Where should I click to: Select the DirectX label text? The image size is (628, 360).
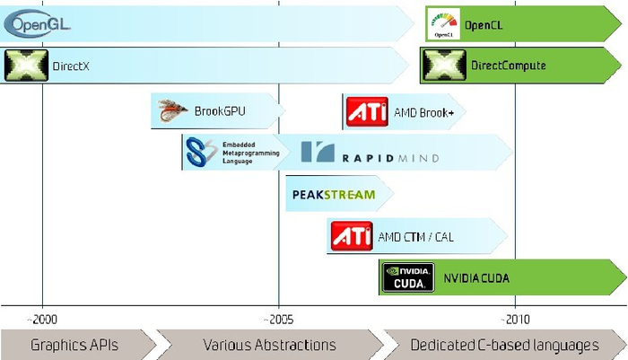72,66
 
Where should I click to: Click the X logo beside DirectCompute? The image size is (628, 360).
444,66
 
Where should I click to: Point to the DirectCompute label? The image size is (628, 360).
508,66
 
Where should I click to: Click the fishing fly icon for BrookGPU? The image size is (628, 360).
170,111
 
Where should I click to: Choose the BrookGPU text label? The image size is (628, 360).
220,111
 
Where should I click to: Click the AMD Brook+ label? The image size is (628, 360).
423,113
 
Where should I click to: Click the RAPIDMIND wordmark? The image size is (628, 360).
370,154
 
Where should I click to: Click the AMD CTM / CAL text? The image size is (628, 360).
415,237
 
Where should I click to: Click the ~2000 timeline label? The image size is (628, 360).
42,319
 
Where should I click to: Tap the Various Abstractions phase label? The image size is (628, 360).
269,345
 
